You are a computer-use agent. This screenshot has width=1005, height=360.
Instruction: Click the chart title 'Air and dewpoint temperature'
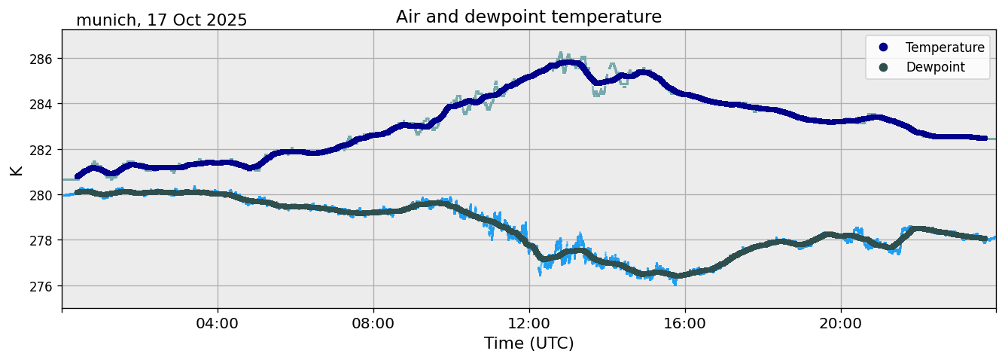click(528, 17)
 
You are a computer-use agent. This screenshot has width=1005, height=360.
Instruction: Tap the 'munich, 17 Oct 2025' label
click(161, 20)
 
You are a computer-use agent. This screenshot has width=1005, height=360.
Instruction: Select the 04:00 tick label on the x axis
click(218, 323)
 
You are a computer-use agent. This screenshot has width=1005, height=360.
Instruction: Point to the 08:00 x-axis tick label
click(373, 323)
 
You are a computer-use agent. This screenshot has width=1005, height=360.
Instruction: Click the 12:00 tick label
click(529, 323)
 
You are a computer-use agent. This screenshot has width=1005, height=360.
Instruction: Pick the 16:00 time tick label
click(685, 323)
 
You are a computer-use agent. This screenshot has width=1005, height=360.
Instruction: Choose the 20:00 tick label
click(841, 323)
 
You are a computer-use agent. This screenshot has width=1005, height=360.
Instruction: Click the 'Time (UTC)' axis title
click(528, 343)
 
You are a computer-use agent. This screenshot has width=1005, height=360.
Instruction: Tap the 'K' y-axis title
click(16, 169)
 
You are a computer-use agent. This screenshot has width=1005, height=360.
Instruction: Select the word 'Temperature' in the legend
click(945, 47)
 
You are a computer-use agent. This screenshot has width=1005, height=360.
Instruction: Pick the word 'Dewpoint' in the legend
click(935, 67)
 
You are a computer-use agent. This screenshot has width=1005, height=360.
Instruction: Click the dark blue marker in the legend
click(884, 47)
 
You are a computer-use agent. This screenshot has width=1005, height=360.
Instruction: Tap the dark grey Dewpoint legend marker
click(884, 67)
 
